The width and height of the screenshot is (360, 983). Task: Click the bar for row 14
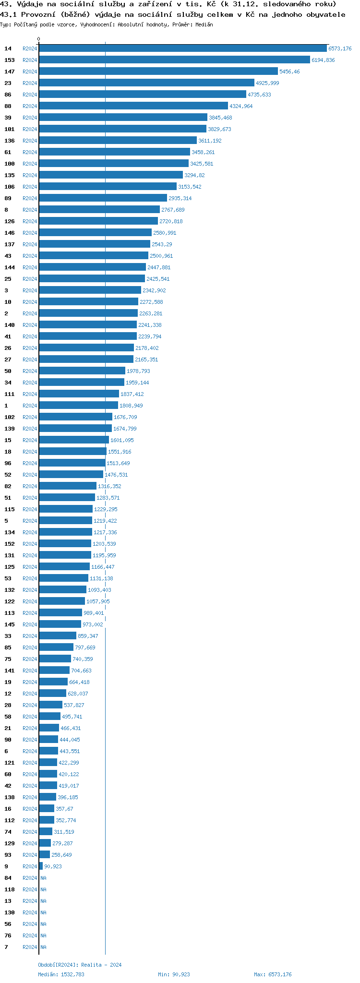[182, 48]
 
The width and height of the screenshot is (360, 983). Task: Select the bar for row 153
[174, 60]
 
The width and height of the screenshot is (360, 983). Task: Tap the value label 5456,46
[289, 72]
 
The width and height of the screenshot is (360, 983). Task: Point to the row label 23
[8, 83]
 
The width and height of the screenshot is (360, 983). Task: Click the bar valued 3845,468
[123, 118]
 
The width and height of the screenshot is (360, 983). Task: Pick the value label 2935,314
[180, 198]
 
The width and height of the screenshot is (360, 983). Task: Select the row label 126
[10, 221]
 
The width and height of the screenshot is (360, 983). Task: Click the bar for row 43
[94, 256]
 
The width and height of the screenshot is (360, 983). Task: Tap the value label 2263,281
[151, 313]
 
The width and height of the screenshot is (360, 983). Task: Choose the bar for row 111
[79, 394]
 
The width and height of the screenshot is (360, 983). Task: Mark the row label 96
[8, 463]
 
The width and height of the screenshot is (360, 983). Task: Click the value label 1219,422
[105, 521]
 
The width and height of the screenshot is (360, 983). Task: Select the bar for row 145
[60, 624]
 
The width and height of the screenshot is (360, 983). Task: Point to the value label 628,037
[78, 694]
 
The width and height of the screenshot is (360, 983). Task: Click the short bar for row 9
[41, 866]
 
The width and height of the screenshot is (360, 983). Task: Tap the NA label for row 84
[43, 878]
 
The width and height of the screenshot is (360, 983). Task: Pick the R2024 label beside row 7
[30, 947]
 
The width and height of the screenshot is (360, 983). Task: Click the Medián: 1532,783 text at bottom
[61, 974]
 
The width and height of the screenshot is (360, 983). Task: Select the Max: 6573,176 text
[273, 974]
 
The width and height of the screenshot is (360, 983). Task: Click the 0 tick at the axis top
[39, 39]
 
